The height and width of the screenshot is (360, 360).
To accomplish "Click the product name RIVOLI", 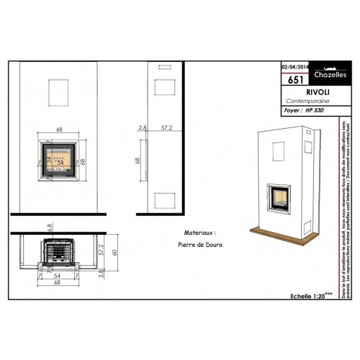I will [x=299, y=93].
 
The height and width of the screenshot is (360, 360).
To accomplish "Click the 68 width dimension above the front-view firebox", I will [x=59, y=130].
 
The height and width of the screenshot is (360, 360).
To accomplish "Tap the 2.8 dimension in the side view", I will [x=143, y=127].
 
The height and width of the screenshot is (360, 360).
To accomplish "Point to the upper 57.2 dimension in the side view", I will [x=166, y=127].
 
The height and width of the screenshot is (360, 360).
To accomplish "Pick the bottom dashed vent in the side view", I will [x=163, y=201].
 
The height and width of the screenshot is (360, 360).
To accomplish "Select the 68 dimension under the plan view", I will [x=59, y=282].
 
